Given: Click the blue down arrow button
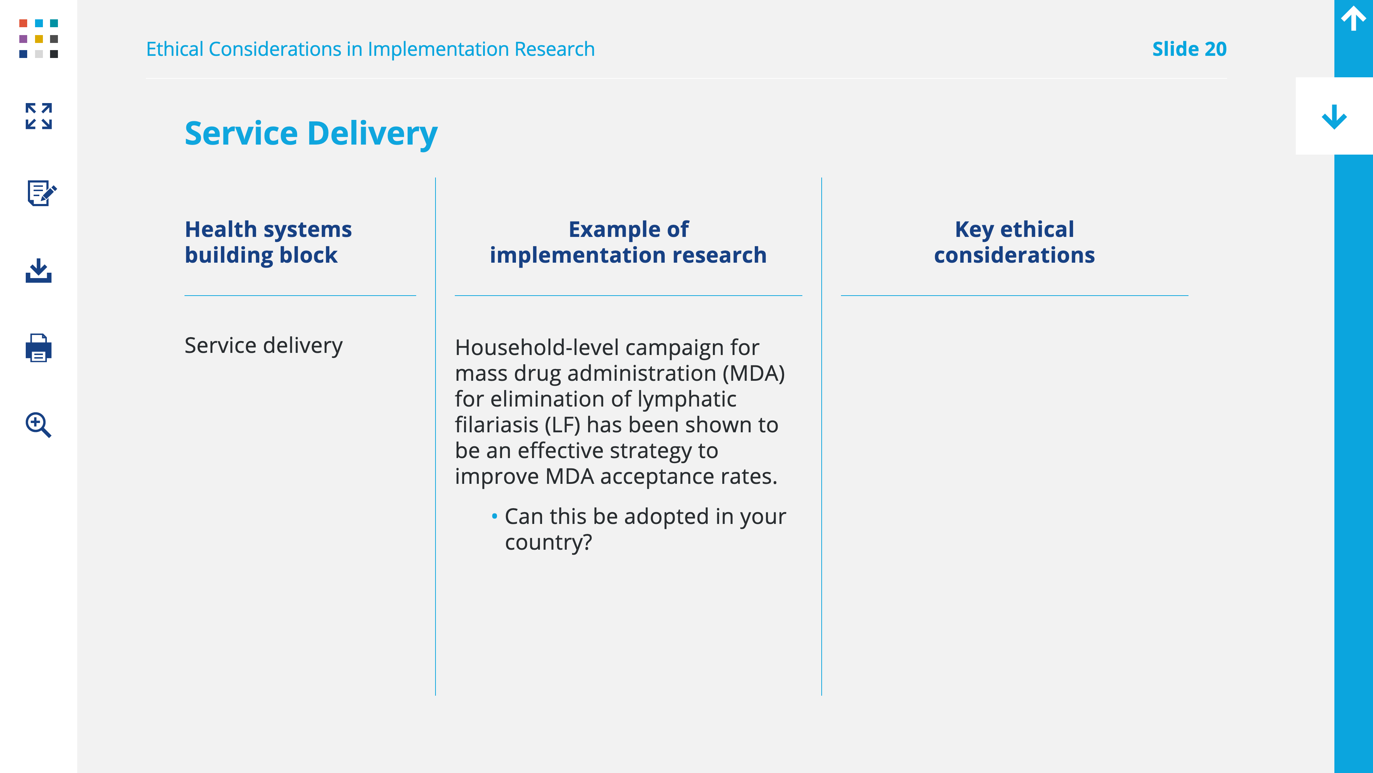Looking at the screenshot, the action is pyautogui.click(x=1334, y=117).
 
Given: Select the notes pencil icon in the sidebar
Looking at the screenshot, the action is pyautogui.click(x=41, y=193).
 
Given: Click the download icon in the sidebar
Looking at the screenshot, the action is pyautogui.click(x=38, y=271).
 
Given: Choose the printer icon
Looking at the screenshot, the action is pyautogui.click(x=38, y=348).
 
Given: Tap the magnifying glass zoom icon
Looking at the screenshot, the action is pyautogui.click(x=38, y=425).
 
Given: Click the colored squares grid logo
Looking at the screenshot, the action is pyautogui.click(x=38, y=38).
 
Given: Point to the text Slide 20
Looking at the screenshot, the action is pyautogui.click(x=1189, y=49).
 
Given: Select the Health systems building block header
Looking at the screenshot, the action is pyautogui.click(x=268, y=242).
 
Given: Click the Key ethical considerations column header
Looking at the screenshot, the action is pyautogui.click(x=1014, y=242).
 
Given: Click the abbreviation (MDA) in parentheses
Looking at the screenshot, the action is pyautogui.click(x=754, y=373).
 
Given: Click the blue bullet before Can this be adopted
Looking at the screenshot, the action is pyautogui.click(x=494, y=516).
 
